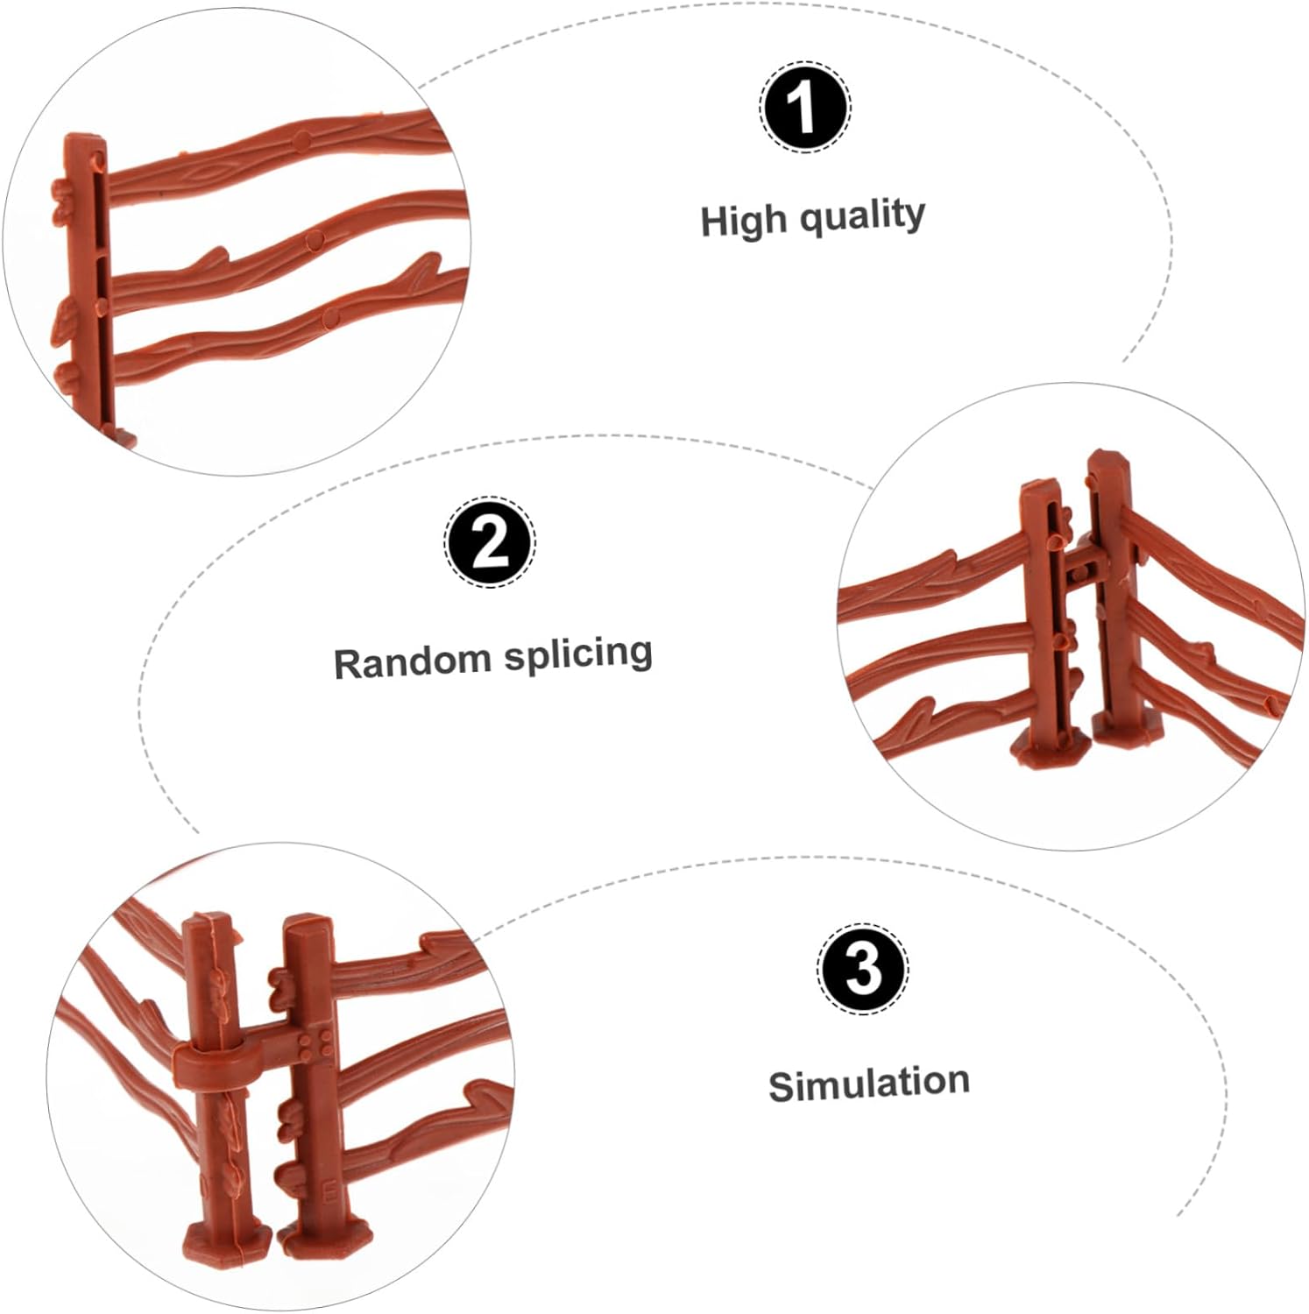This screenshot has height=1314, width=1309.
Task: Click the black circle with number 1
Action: click(x=803, y=107)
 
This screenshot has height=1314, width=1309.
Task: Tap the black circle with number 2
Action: click(x=490, y=540)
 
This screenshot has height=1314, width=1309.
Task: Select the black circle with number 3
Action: click(x=863, y=968)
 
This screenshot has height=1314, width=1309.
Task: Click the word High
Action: click(x=743, y=221)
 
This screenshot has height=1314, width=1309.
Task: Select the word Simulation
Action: click(x=869, y=1084)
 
